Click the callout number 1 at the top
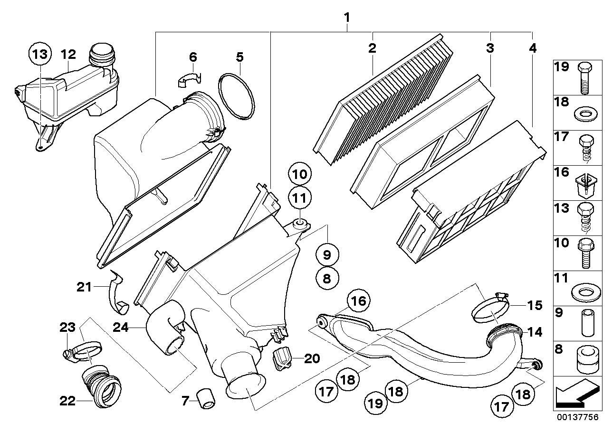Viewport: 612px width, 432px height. point(347,18)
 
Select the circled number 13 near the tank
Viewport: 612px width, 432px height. point(40,54)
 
